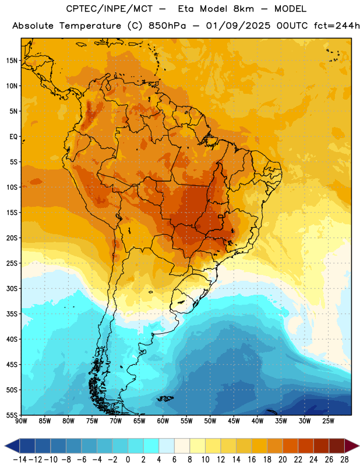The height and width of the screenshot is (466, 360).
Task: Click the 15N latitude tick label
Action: [x=12, y=61]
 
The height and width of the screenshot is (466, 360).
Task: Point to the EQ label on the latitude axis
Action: [x=13, y=137]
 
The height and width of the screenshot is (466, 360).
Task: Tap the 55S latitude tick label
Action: [x=12, y=415]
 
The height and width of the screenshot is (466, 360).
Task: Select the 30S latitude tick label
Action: [x=12, y=288]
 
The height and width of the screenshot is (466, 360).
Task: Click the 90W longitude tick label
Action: [x=21, y=421]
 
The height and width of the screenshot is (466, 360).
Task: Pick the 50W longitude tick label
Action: [x=210, y=421]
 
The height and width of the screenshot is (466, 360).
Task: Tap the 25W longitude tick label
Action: [x=328, y=421]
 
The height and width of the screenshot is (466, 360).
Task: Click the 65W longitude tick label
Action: [x=139, y=421]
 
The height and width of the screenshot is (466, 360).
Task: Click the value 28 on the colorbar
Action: [x=344, y=460]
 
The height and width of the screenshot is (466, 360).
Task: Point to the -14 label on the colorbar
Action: [x=20, y=460]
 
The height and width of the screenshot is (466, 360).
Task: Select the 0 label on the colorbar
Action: [x=128, y=460]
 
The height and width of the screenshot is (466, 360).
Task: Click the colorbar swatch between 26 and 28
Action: [x=337, y=446]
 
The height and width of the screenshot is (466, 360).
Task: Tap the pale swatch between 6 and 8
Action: [x=182, y=446]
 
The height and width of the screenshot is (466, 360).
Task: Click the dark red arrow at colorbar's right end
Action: [x=352, y=446]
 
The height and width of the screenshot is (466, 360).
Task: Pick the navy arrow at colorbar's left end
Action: [x=12, y=446]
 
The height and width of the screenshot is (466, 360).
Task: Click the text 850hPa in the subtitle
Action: [x=167, y=26]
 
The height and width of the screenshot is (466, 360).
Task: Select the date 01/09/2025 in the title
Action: [x=238, y=26]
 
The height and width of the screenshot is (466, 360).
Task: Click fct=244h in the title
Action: [x=337, y=26]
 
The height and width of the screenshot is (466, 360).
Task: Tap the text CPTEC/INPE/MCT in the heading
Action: [x=110, y=9]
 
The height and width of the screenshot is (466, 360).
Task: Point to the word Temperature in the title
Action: [x=90, y=26]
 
